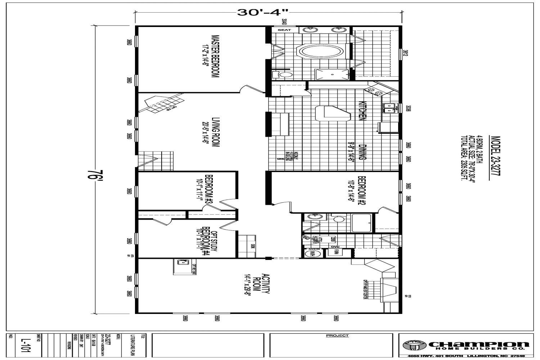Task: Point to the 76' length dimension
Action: (x=93, y=176)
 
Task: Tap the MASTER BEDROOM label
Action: (x=215, y=56)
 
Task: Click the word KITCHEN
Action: (x=362, y=110)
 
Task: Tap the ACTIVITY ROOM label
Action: (x=261, y=284)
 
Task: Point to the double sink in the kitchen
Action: (x=390, y=107)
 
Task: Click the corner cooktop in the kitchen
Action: (x=374, y=90)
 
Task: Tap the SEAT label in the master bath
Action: (x=284, y=30)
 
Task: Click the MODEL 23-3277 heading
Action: (x=495, y=157)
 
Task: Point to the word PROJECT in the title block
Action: (x=337, y=336)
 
